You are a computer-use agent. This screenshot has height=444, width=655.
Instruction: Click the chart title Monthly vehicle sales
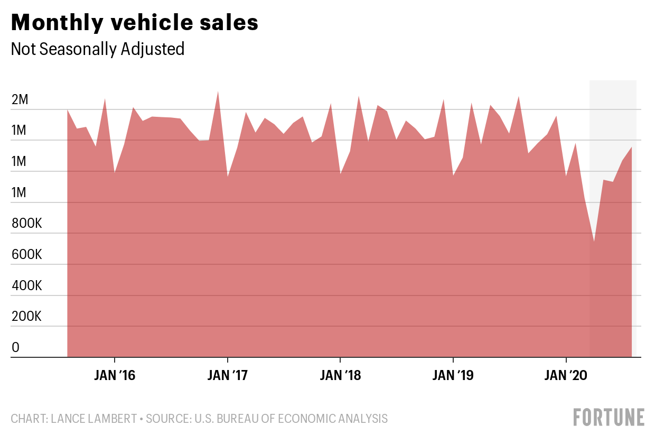click(x=135, y=22)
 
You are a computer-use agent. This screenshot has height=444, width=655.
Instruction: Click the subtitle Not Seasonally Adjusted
click(x=98, y=49)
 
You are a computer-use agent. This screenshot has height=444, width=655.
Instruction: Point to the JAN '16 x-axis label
click(x=115, y=376)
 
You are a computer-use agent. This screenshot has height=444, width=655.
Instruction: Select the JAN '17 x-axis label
click(x=227, y=376)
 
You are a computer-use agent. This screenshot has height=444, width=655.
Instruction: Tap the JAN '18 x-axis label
click(x=341, y=376)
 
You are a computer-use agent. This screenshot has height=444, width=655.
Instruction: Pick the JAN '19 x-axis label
click(x=453, y=376)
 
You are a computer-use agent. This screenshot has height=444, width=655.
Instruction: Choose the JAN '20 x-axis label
click(x=566, y=376)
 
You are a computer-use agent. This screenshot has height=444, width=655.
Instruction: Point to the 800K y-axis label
click(x=27, y=224)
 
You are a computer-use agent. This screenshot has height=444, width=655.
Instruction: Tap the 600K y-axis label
click(x=27, y=255)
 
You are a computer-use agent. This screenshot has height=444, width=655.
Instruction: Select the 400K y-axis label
click(x=27, y=286)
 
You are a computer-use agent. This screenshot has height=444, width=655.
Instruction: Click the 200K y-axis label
click(x=27, y=317)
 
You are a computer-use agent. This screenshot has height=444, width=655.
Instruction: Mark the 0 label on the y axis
click(x=16, y=348)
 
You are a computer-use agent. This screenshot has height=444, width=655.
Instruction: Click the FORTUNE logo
click(x=609, y=418)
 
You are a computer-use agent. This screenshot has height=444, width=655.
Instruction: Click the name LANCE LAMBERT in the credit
click(x=92, y=419)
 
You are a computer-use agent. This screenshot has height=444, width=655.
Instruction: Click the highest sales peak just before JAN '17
click(x=218, y=91)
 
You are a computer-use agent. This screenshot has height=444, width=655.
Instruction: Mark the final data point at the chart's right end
click(x=632, y=147)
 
